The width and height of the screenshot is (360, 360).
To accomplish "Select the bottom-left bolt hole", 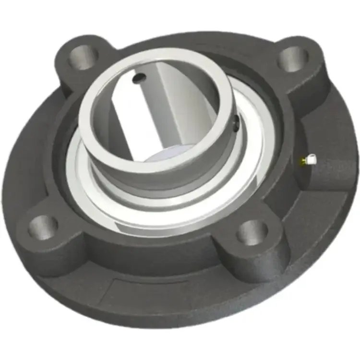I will click(x=43, y=226).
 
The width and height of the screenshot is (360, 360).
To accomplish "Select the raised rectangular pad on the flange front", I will click(x=144, y=290).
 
